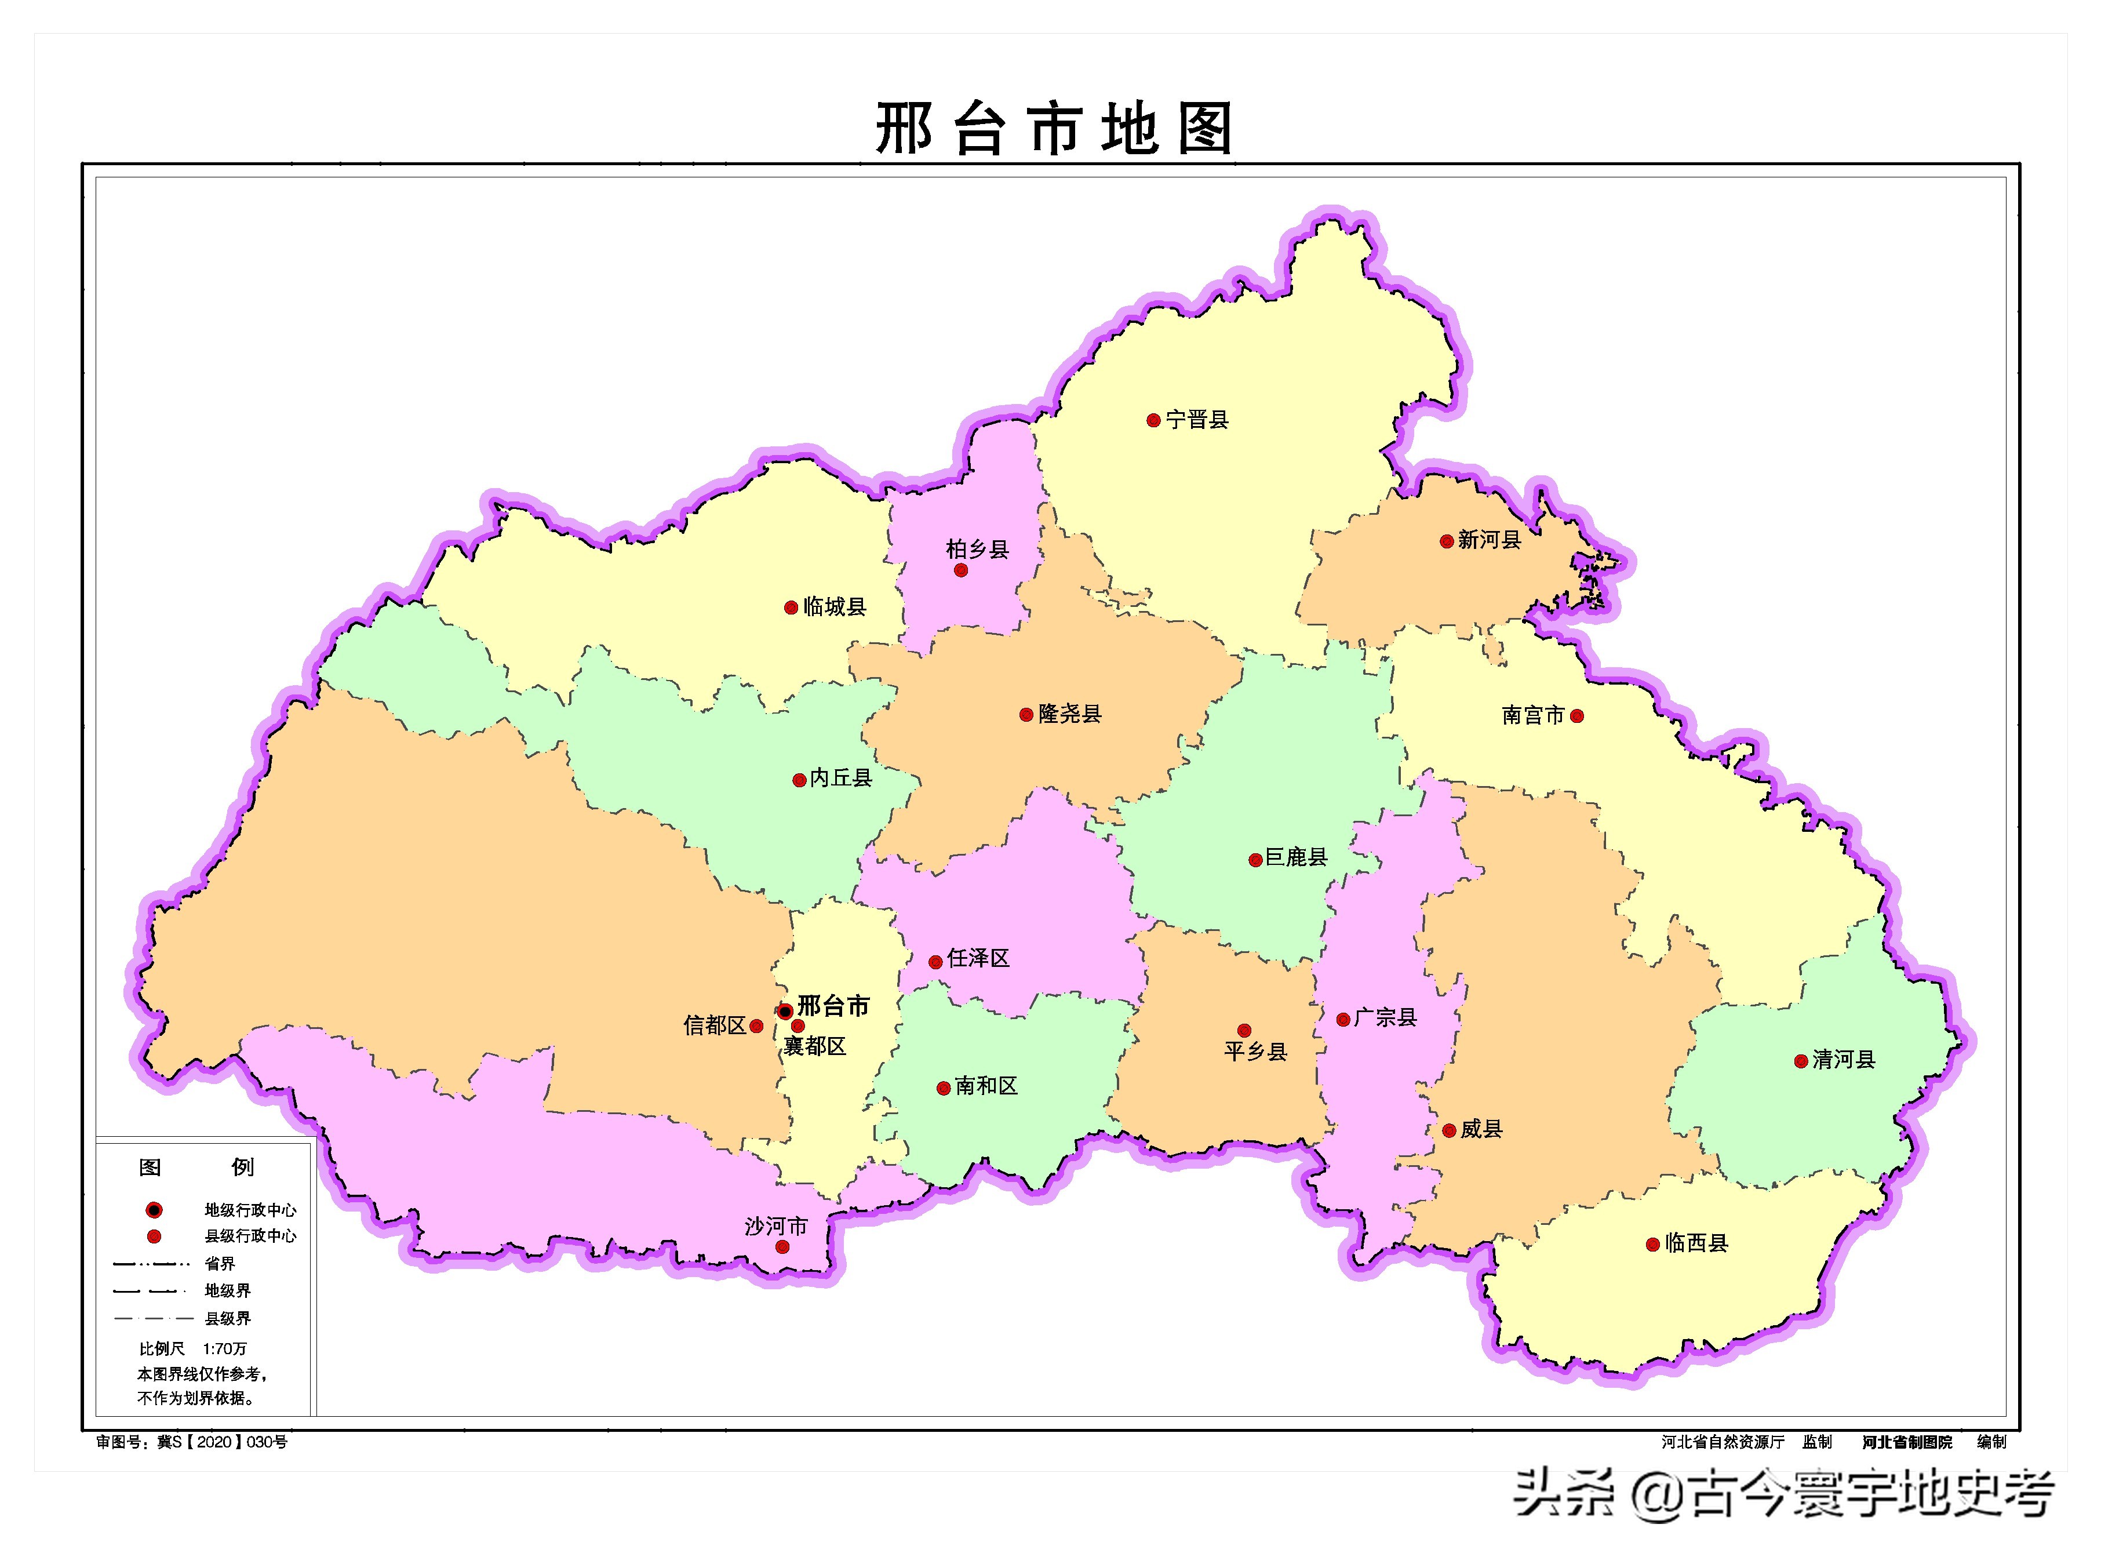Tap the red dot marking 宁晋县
(x=1153, y=420)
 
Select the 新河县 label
(x=1489, y=540)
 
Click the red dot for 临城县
(x=791, y=608)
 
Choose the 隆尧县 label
(x=1069, y=714)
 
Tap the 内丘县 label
(x=840, y=778)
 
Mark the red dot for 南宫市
(x=1576, y=716)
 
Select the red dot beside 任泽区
(x=935, y=962)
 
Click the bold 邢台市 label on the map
(x=833, y=1005)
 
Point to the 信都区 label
(x=715, y=1025)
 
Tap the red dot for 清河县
(x=1801, y=1061)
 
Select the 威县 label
(x=1481, y=1129)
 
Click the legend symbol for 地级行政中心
(x=154, y=1210)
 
